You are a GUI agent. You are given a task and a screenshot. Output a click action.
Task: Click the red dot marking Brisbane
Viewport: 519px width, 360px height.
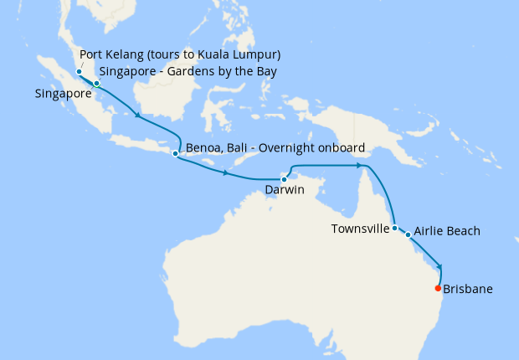pyautogui.click(x=438, y=289)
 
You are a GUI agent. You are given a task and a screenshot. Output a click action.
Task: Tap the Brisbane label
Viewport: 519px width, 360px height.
pyautogui.click(x=468, y=290)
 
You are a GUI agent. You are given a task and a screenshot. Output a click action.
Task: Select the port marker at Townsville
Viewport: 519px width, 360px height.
pyautogui.click(x=394, y=228)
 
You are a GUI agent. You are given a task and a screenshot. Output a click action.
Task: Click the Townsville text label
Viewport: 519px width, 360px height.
pyautogui.click(x=360, y=228)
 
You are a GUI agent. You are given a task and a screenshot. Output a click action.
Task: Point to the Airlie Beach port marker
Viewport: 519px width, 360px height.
pyautogui.click(x=409, y=234)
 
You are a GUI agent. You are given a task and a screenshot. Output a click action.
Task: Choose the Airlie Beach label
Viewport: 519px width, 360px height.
pyautogui.click(x=449, y=231)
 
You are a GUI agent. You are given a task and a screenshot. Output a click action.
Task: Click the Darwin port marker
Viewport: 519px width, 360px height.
pyautogui.click(x=284, y=179)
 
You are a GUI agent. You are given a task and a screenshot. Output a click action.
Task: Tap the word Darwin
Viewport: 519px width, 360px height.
pyautogui.click(x=284, y=191)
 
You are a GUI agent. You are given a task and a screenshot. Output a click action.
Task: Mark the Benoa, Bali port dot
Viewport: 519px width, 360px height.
pyautogui.click(x=175, y=153)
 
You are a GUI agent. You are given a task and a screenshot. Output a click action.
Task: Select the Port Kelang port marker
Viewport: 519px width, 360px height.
pyautogui.click(x=79, y=72)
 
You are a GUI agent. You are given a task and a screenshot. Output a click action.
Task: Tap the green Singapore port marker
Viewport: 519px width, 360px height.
pyautogui.click(x=97, y=84)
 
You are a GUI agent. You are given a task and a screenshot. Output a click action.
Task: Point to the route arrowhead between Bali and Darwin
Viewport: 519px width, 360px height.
pyautogui.click(x=226, y=174)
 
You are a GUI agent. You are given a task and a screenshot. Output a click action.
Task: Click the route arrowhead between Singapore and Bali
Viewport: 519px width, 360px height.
pyautogui.click(x=139, y=118)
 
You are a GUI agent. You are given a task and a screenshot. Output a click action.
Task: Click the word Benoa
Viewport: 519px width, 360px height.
pyautogui.click(x=202, y=148)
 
